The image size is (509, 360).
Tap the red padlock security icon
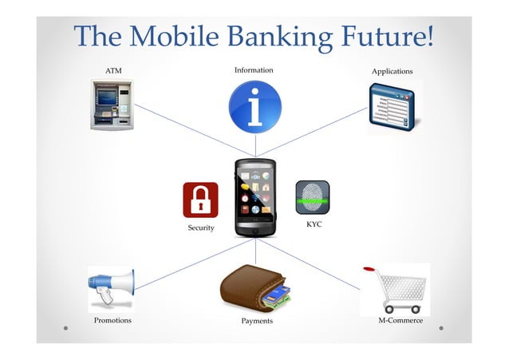pos(200,200)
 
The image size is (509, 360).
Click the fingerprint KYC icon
pos(312,197)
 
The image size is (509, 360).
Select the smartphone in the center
pos(255,197)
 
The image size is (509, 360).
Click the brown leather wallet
pos(254,289)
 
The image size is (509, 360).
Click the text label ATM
pos(114,72)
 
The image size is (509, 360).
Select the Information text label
pos(254,70)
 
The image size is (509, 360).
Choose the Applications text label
pos(393,72)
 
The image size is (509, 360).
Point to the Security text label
pos(201,228)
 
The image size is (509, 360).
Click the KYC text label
pos(314,225)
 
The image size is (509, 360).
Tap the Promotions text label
pos(112,320)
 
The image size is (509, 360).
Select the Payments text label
pos(257,321)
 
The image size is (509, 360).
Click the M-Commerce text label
pos(400,320)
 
